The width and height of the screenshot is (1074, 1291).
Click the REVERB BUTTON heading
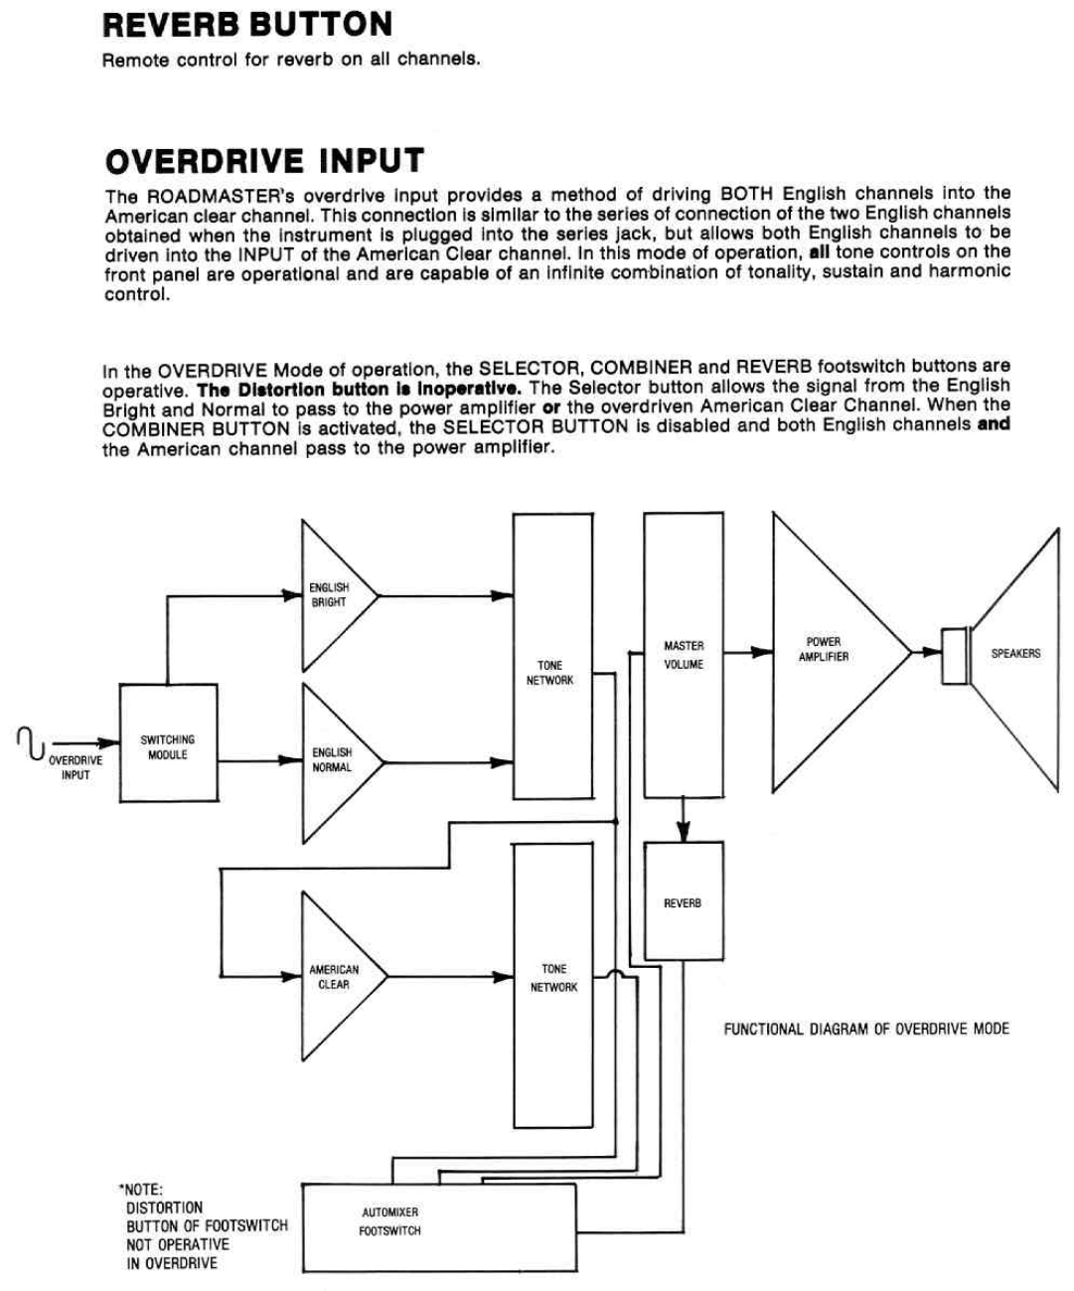point(247,25)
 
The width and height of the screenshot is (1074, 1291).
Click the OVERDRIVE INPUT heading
point(264,161)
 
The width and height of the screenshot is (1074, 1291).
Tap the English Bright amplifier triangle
point(332,595)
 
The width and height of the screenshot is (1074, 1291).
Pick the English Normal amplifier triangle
point(334,760)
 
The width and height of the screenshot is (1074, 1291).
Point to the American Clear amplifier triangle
point(335,977)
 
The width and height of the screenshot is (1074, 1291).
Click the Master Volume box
point(684,655)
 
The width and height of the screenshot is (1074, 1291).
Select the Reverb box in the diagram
point(683,901)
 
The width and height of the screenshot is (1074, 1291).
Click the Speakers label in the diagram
point(1015,653)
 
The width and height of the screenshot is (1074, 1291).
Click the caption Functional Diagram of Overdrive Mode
point(865,1029)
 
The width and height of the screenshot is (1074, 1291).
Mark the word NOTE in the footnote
point(144,1190)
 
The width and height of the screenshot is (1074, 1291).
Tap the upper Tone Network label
point(549,673)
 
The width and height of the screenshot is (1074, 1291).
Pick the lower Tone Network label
point(553,978)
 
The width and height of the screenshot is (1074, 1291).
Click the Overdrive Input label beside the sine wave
point(76,767)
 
